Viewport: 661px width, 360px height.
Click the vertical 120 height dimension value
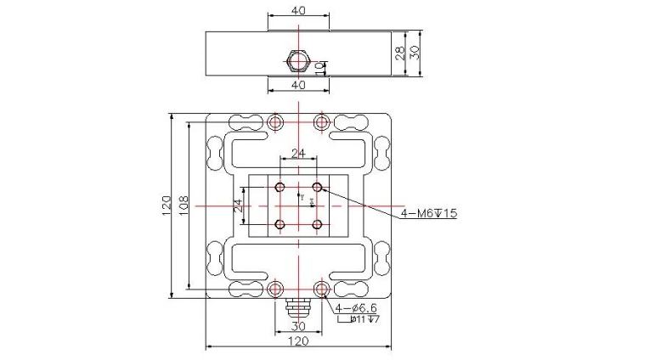167,205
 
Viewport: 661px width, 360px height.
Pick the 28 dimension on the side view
399,52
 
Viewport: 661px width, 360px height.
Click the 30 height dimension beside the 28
414,52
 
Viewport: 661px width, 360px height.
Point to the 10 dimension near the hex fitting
319,67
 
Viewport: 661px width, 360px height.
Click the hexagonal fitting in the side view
297,61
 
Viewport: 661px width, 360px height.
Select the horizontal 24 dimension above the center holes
298,154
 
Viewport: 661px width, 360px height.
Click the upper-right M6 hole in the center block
317,186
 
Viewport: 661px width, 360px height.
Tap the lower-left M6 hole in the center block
279,224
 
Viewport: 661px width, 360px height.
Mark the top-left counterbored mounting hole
274,122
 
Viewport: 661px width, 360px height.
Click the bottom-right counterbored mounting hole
321,290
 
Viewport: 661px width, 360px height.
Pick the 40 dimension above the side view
298,11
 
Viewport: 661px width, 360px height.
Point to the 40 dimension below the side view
298,86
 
